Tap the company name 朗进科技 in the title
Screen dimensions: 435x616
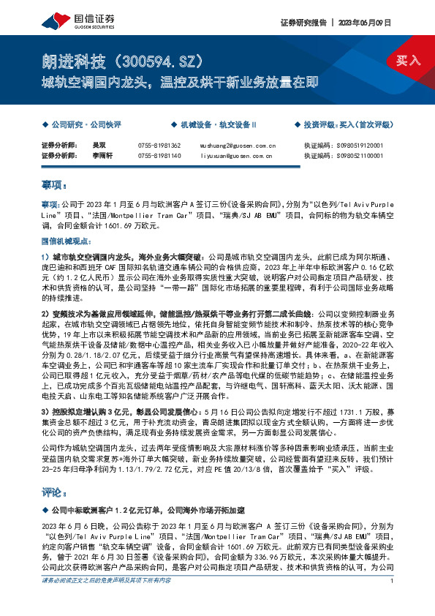70,61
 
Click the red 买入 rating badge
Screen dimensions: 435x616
408,61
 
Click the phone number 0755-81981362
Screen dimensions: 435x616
159,146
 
